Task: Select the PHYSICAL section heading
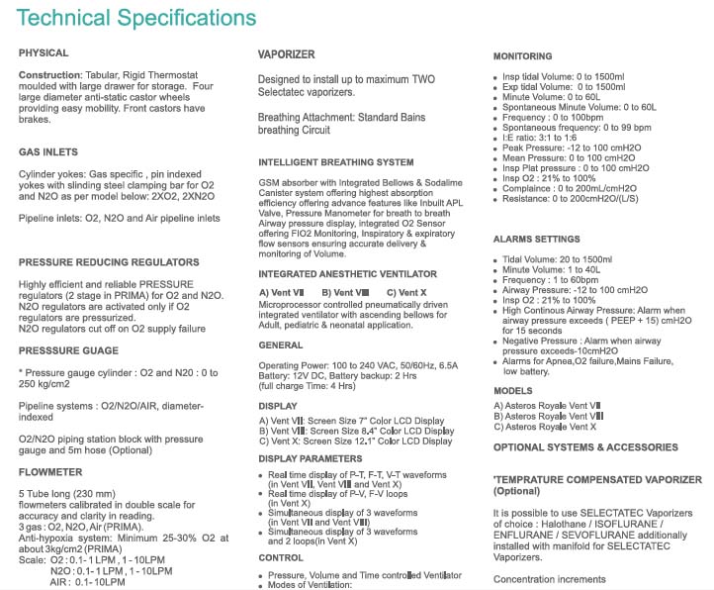(44, 52)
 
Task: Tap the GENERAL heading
(281, 345)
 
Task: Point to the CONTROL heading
(281, 556)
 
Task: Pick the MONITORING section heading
(522, 56)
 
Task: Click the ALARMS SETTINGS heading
(536, 239)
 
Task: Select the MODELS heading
(512, 389)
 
